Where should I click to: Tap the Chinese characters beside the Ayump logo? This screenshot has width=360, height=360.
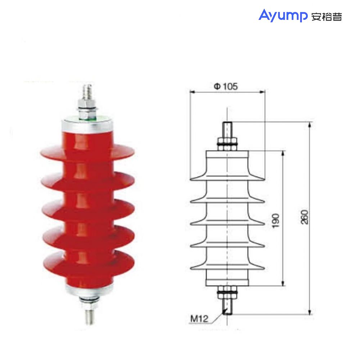pyautogui.click(x=326, y=17)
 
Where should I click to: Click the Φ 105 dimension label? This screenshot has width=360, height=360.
pyautogui.click(x=226, y=86)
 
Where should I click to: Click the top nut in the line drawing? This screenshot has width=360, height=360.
pyautogui.click(x=227, y=140)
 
